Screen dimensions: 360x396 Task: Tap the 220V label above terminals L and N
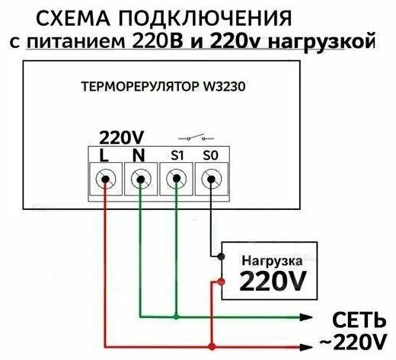coord(122,137)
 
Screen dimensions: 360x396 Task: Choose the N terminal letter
coord(139,155)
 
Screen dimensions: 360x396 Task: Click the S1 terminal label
coord(177,155)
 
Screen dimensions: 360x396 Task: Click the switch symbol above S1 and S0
coord(193,139)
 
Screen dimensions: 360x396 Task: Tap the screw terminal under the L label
coord(106,180)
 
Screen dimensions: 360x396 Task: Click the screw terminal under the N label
coord(140,180)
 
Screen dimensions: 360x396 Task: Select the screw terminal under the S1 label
coord(177,180)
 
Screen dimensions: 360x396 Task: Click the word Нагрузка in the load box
coord(269,260)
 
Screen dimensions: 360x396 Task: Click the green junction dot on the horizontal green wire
coord(177,316)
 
